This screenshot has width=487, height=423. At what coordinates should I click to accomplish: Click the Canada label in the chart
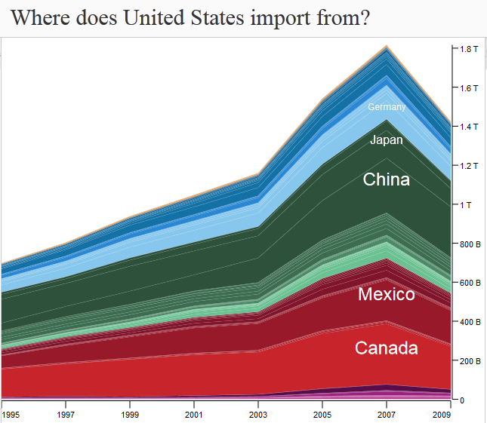386,348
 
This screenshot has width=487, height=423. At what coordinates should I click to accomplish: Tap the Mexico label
386,294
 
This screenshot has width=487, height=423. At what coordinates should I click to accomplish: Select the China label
386,179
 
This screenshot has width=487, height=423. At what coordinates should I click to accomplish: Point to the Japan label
386,140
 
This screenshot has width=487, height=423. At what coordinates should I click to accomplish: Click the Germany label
387,107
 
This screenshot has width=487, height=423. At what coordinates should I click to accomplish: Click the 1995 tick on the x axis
11,415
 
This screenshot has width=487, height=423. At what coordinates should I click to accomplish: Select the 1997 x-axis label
66,415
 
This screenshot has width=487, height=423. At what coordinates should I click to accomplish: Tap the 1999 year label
130,415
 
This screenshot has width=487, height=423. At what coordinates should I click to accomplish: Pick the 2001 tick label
194,415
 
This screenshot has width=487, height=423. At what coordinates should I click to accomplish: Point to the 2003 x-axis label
258,415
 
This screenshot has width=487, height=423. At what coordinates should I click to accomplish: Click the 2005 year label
322,415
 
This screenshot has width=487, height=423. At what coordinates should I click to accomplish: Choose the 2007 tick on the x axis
387,415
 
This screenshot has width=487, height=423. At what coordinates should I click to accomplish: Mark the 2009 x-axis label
444,415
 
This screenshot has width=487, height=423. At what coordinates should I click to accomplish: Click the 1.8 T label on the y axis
470,49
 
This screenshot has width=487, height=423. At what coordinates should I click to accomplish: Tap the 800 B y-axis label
471,244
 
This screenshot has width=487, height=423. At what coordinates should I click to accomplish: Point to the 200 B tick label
471,361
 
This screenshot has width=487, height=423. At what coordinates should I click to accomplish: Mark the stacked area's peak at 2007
387,46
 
